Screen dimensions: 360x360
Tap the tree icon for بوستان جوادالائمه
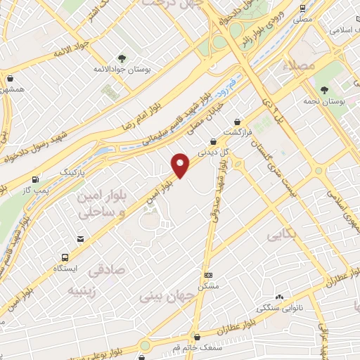[123, 58]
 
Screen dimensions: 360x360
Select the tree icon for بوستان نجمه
[324, 90]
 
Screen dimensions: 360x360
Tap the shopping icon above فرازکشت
[237, 121]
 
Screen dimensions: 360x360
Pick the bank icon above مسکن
[208, 275]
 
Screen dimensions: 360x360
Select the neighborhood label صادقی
[106, 268]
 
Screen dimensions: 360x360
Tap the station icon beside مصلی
[302, 8]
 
